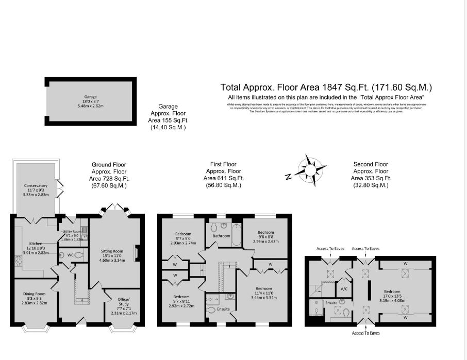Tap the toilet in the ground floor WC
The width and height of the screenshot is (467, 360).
coord(77,255)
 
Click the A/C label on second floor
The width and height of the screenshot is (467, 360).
coord(344,288)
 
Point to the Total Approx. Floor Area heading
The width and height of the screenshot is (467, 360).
coord(326,87)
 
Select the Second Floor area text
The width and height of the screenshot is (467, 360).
coord(371,175)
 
